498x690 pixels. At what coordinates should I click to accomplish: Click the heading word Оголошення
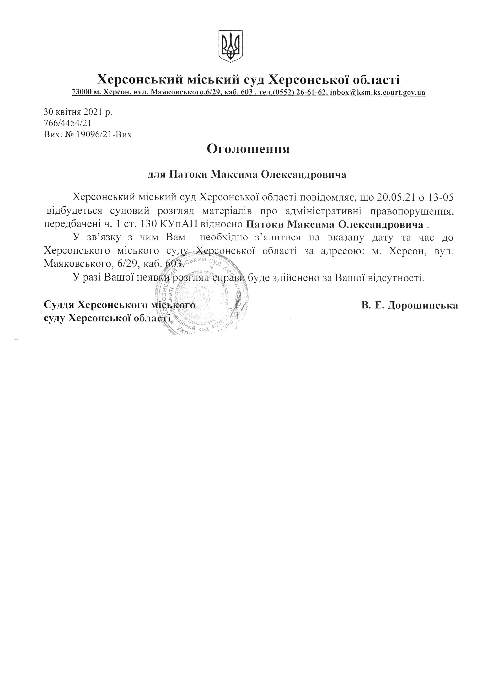pos(248,149)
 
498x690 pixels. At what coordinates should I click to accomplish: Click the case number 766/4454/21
pos(67,123)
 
